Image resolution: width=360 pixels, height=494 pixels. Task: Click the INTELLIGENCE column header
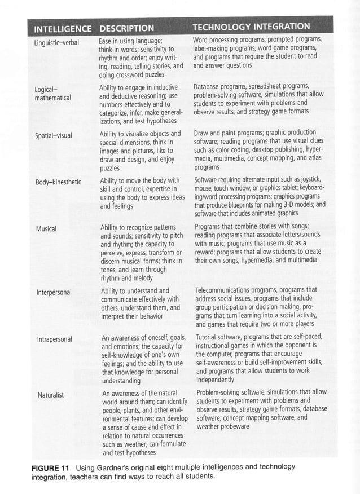tap(63, 28)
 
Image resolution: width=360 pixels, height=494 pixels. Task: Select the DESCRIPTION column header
tap(126, 28)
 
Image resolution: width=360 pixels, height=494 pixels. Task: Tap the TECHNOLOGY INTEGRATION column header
tap(251, 27)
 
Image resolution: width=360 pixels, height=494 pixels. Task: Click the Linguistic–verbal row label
tap(57, 42)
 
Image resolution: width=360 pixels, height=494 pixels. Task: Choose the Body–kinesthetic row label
tap(59, 182)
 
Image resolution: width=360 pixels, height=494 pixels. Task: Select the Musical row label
tap(46, 229)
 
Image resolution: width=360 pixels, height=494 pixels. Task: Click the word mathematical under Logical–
tap(52, 98)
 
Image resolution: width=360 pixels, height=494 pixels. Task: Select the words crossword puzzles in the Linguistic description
tap(139, 74)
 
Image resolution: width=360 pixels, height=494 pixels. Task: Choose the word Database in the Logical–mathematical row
tap(208, 87)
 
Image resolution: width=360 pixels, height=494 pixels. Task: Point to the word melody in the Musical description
tap(143, 278)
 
